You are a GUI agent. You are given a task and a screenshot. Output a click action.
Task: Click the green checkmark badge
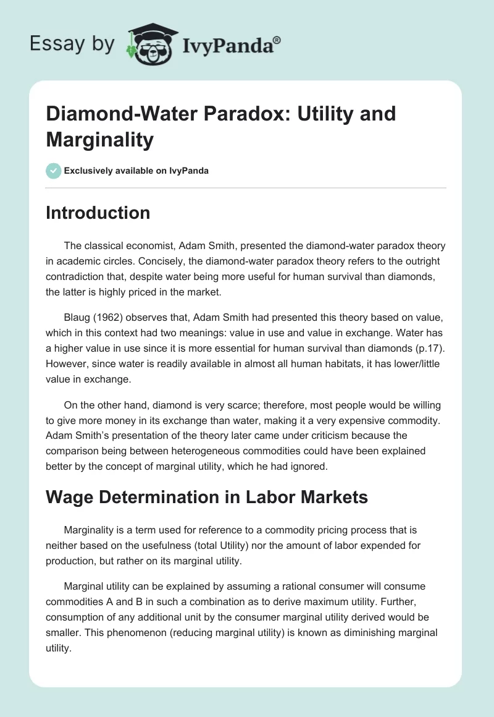54,171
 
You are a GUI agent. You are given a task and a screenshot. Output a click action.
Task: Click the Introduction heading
98,213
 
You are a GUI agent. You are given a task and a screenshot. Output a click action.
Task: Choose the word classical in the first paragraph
104,246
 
